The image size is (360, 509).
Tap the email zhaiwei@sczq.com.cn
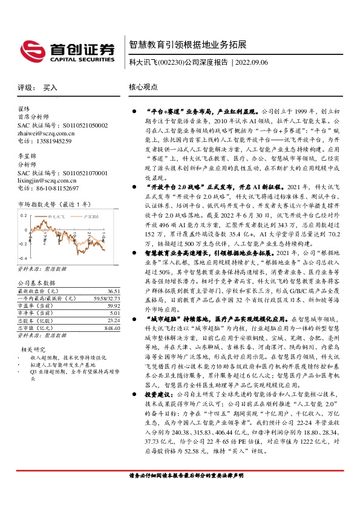[x=45, y=133]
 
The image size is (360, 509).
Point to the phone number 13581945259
[x=53, y=141]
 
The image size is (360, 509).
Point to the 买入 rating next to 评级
[x=50, y=88]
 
